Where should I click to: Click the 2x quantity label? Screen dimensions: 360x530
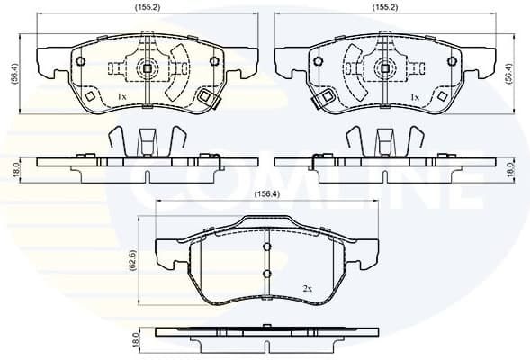308,288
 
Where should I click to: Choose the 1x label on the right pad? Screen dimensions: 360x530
415,95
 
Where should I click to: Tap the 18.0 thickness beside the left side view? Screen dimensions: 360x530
13,167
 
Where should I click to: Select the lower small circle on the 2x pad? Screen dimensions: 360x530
266,274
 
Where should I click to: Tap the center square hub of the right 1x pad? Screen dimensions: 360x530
385,67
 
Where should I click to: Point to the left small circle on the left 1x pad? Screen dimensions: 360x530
81,62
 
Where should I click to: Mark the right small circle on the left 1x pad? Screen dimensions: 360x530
214,62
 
